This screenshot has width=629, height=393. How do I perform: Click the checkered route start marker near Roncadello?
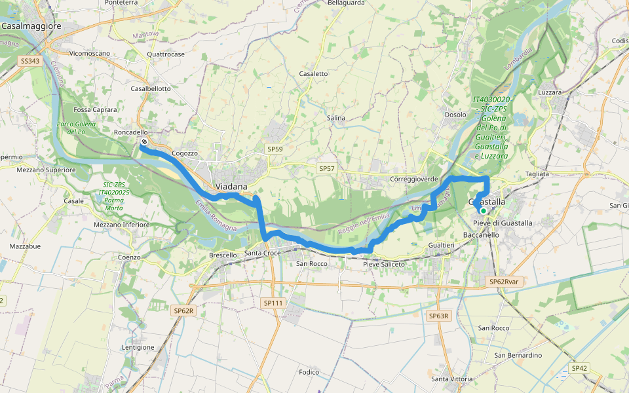(x=144, y=141)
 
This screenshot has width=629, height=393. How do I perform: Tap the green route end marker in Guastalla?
(x=483, y=211)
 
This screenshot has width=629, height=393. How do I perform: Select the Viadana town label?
(x=231, y=187)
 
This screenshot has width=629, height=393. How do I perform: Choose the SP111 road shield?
(x=273, y=303)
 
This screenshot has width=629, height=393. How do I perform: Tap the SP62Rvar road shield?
(x=503, y=282)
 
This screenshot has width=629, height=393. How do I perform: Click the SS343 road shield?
(x=30, y=60)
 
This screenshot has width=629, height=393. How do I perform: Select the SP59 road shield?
(x=275, y=149)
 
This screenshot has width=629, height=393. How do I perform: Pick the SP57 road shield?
(x=326, y=169)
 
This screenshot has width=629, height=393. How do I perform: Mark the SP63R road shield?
(x=439, y=316)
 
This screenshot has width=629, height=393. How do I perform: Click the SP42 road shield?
(x=579, y=368)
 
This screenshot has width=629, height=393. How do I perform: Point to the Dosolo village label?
(x=455, y=114)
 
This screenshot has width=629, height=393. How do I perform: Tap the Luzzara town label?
(x=550, y=92)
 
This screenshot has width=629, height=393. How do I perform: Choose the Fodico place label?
(x=308, y=372)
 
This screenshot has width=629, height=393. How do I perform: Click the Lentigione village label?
(x=138, y=347)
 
